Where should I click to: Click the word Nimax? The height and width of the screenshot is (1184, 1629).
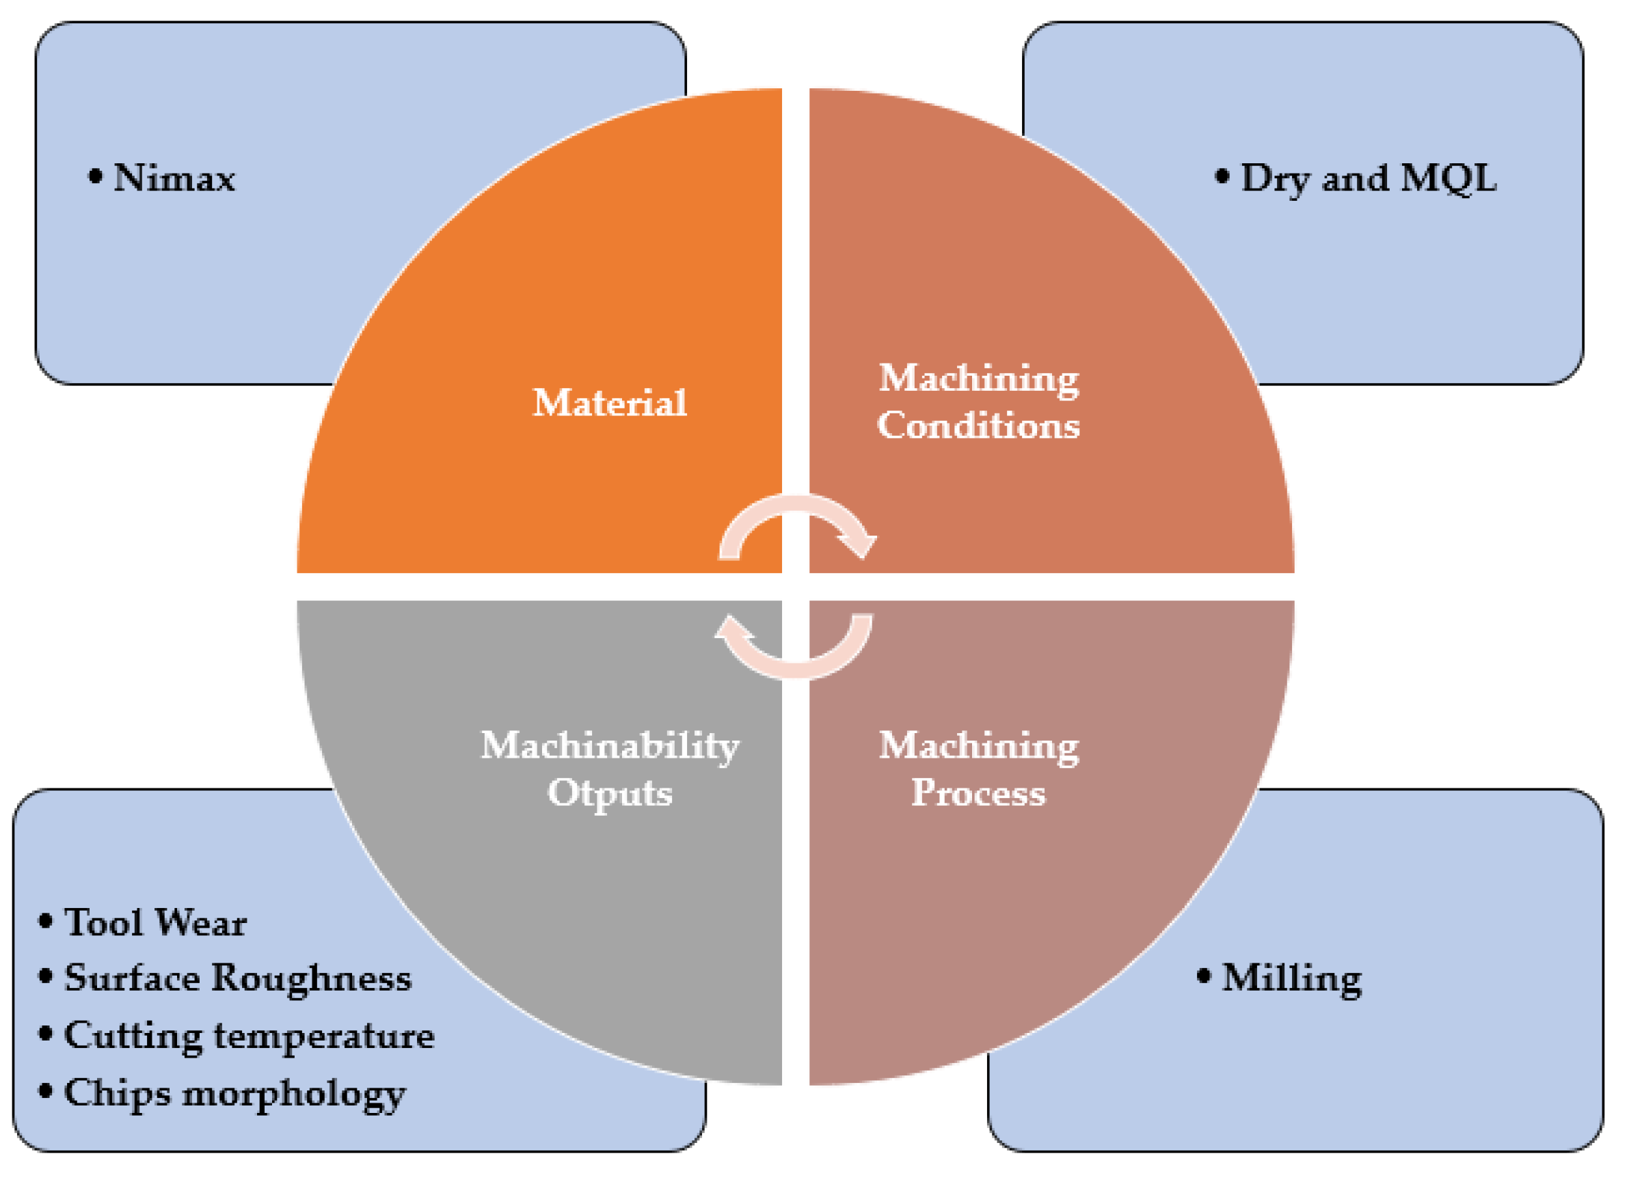pos(174,178)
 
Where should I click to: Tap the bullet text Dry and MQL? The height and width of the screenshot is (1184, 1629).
pos(1369,178)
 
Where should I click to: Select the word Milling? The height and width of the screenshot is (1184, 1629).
pos(1291,978)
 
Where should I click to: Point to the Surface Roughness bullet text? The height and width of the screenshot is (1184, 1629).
pos(238,978)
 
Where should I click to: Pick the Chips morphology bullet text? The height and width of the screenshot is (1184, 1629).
pos(235,1094)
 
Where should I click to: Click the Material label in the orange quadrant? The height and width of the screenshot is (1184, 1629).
pos(610,403)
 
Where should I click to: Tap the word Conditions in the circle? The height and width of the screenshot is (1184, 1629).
pos(978,426)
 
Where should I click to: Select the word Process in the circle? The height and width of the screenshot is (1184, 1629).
pos(978,793)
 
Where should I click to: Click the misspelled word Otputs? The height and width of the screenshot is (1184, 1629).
pos(610,793)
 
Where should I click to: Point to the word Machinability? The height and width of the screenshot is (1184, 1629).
pos(610,745)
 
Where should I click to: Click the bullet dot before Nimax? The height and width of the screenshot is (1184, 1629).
pos(95,177)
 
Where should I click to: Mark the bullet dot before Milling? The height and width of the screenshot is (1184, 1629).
pos(1204,976)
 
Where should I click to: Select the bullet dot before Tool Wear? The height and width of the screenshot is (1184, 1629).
pos(45,921)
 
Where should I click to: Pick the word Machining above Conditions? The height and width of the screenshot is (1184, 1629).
pos(978,378)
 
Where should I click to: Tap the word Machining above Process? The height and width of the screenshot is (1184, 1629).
pos(978,745)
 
